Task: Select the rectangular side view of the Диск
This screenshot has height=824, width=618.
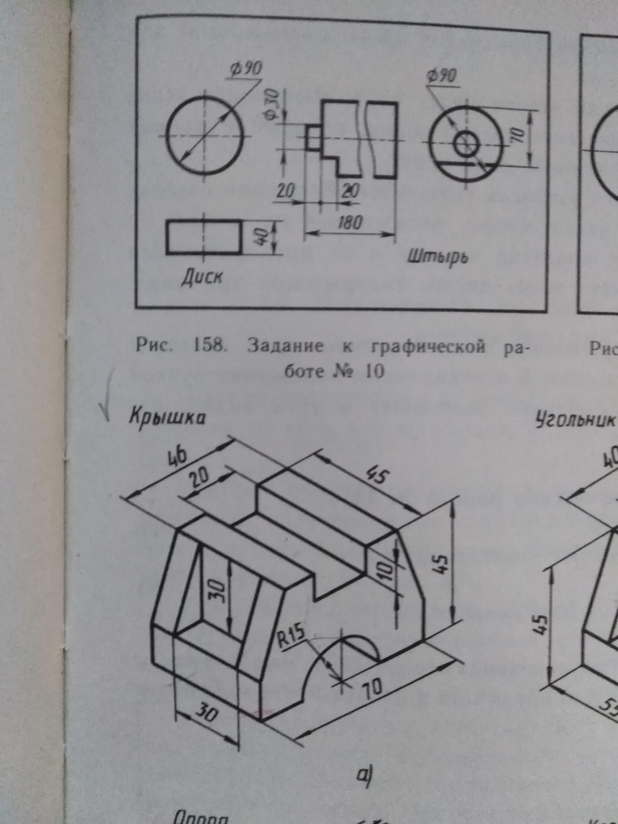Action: tap(203, 237)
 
